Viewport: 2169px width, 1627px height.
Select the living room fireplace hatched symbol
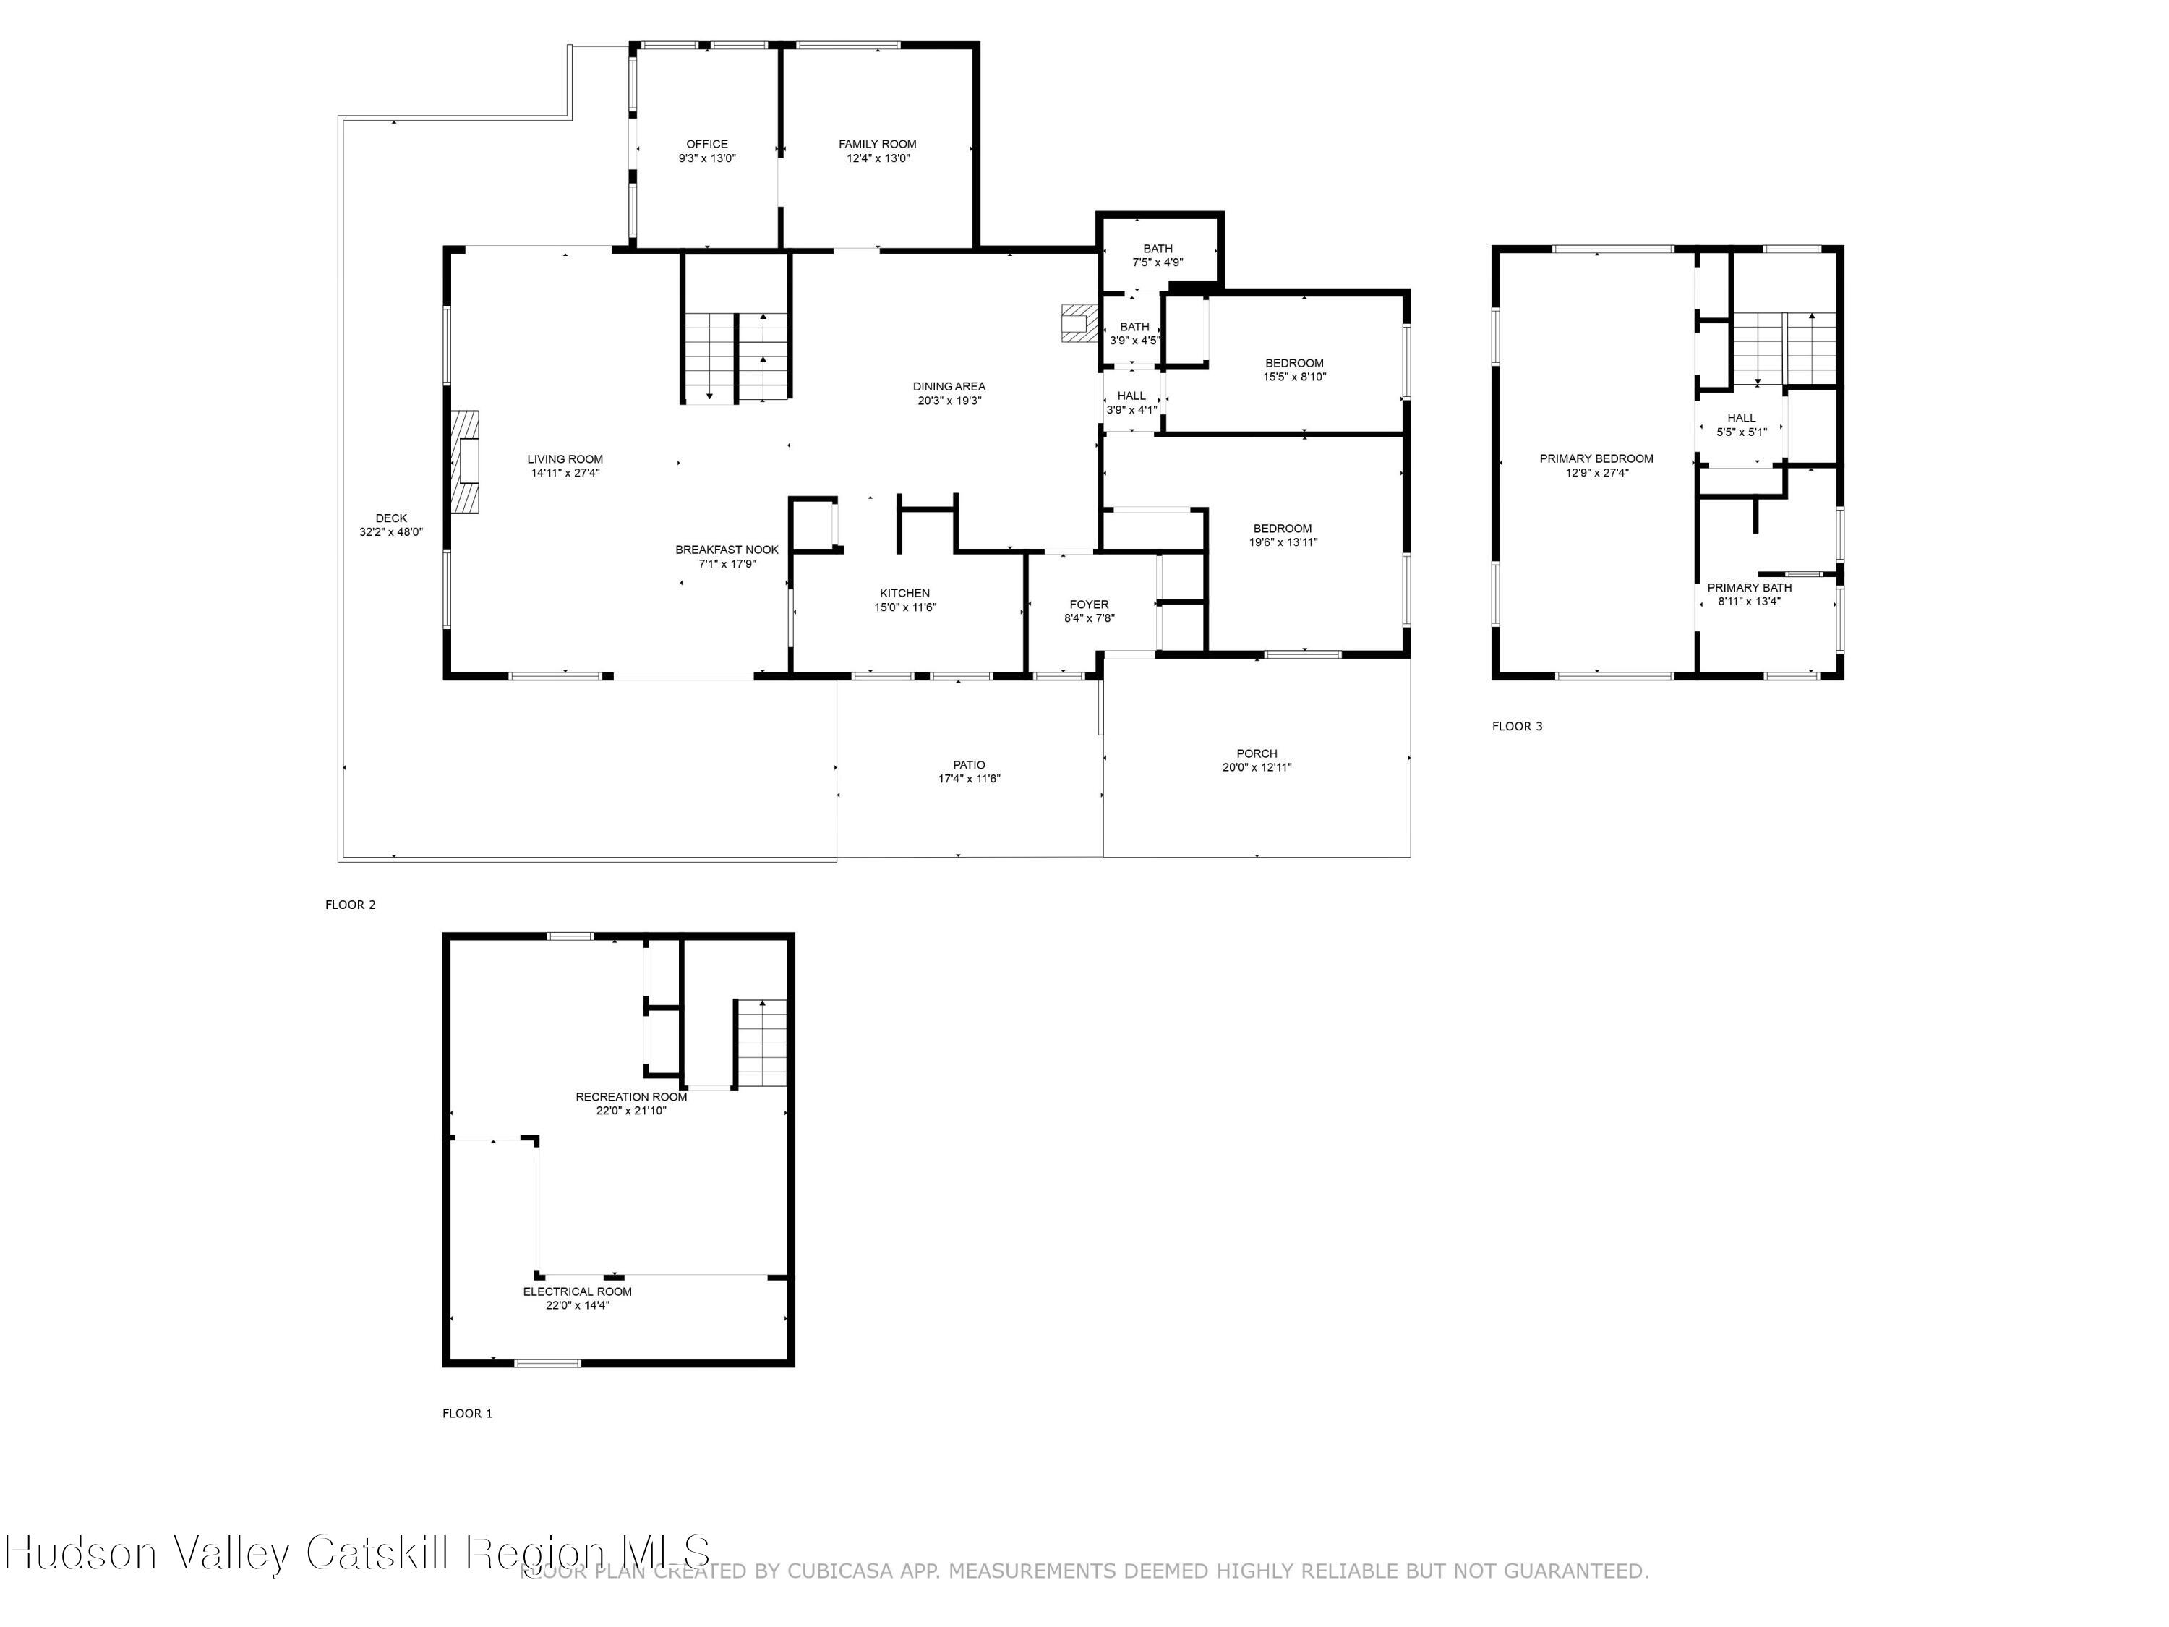466,461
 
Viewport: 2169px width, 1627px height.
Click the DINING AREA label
948,386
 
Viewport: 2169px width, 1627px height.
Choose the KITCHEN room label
904,594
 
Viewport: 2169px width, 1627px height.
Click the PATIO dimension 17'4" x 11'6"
969,779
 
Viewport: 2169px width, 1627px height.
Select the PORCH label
1256,753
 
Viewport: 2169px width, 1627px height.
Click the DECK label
390,518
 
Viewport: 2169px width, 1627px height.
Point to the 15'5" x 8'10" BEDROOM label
1293,363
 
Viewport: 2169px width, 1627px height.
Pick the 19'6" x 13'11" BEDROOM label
1282,528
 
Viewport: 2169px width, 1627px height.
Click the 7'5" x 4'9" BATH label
1157,248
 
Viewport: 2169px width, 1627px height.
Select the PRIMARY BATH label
1748,587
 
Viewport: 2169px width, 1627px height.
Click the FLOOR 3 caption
1516,726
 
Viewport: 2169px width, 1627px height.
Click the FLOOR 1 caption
467,1412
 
